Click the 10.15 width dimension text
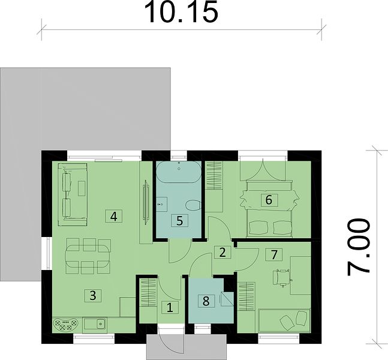pos(181,13)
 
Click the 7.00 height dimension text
pos(359,247)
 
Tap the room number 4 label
pos(113,217)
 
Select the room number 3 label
pos(93,295)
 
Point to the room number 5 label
pos(180,221)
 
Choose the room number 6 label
pos(269,200)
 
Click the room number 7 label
pos(273,255)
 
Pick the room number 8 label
pos(206,301)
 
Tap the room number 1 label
pos(170,308)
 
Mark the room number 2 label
pos(222,253)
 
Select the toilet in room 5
pos(193,206)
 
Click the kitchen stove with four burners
pos(65,325)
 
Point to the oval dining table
pos(88,256)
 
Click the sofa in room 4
pos(73,194)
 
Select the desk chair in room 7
pos(282,278)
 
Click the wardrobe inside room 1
pos(148,293)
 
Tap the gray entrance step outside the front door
pos(187,347)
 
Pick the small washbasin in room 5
pos(161,204)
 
